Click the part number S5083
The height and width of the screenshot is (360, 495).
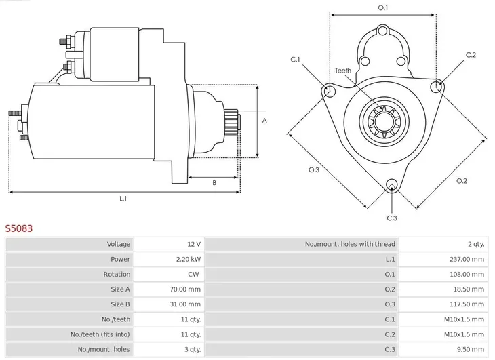[x=19, y=229]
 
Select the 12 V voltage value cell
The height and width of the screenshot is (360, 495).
[x=194, y=244]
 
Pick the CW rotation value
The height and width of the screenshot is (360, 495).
[x=193, y=274]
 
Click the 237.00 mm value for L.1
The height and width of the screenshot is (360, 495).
[x=467, y=259]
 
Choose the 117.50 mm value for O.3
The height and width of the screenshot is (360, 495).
[x=467, y=304]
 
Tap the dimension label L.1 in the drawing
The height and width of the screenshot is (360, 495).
[x=124, y=199]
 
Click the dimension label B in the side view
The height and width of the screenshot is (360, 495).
[x=214, y=182]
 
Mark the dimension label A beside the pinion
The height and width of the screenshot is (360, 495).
[x=264, y=121]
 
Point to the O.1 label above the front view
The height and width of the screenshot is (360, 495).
[x=382, y=7]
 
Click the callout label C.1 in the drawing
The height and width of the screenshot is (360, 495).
[x=296, y=60]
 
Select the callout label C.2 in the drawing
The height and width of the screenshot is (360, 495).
[x=471, y=55]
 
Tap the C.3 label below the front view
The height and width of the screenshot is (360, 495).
[x=392, y=218]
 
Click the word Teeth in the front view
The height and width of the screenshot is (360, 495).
[x=343, y=71]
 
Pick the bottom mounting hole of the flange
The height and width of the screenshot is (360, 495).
[x=391, y=184]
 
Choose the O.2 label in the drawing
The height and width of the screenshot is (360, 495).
[x=462, y=180]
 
